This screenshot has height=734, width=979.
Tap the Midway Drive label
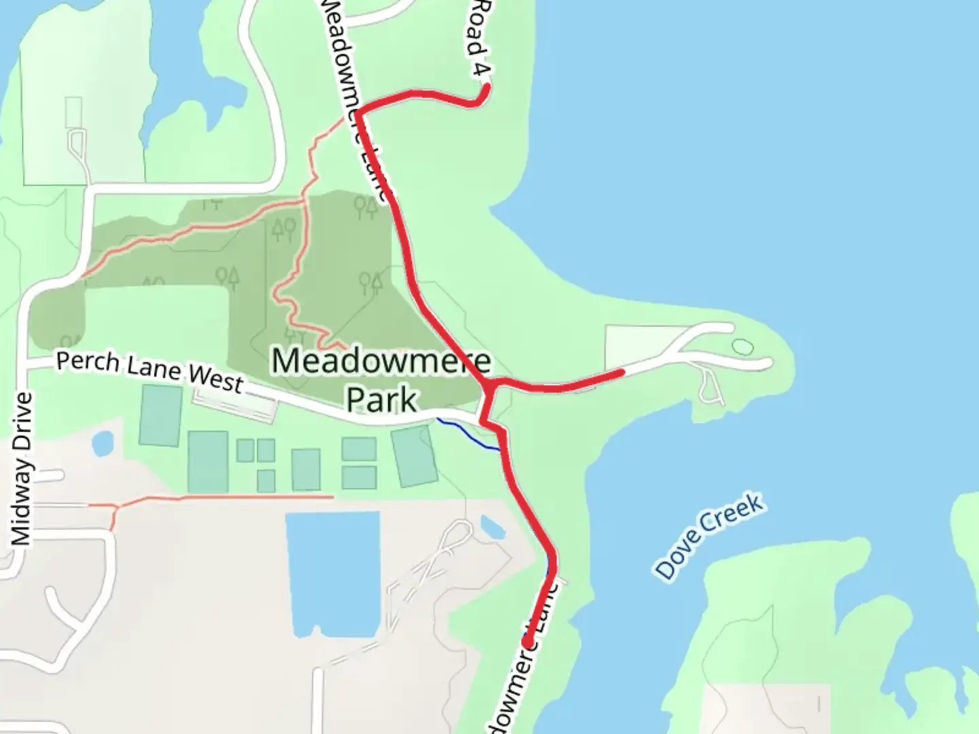(x=21, y=469)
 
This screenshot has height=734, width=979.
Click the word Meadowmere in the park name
(x=381, y=361)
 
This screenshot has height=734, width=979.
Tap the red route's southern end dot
(x=527, y=641)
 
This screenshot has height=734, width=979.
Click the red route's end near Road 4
(x=486, y=86)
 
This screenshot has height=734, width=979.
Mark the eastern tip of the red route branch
(x=621, y=372)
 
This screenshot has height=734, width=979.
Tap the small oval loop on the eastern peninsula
(x=742, y=347)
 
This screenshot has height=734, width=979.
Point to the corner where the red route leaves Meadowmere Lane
(x=358, y=111)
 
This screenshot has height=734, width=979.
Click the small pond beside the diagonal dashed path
(x=492, y=527)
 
